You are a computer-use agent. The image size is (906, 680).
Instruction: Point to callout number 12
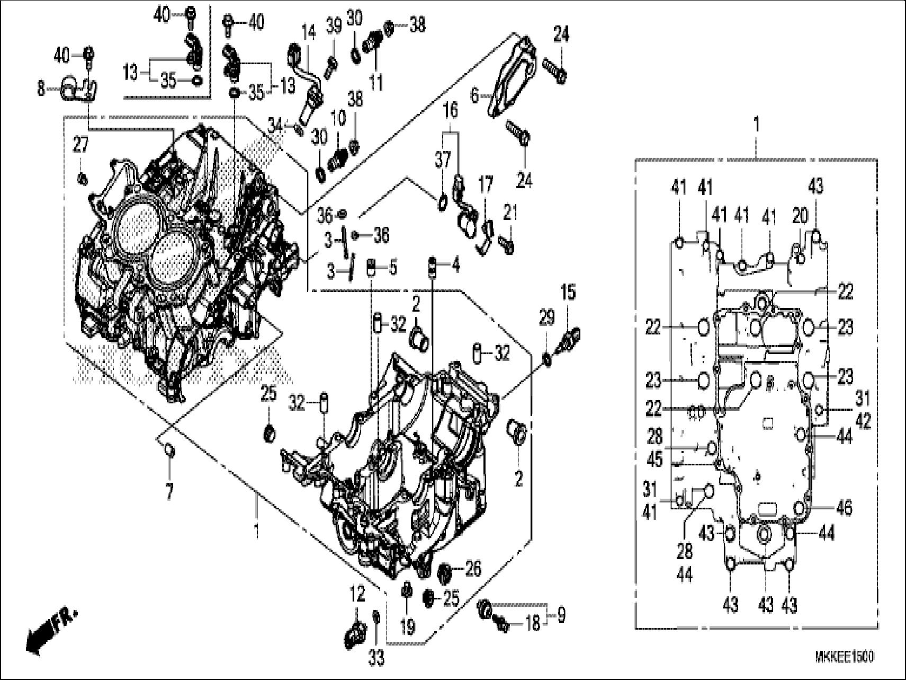tap(358, 595)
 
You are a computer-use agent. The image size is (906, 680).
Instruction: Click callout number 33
tap(376, 659)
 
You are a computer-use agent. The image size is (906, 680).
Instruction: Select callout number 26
tap(472, 569)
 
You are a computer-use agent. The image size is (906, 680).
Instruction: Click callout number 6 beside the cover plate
tap(474, 96)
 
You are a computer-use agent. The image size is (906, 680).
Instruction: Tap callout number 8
tap(41, 89)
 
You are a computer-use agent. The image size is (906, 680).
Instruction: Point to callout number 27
tap(80, 145)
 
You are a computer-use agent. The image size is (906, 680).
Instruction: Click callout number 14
tap(309, 33)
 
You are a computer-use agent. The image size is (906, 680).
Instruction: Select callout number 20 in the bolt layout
tap(801, 216)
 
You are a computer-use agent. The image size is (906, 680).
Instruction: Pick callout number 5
tap(392, 268)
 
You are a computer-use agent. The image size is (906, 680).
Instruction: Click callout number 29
tap(546, 318)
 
